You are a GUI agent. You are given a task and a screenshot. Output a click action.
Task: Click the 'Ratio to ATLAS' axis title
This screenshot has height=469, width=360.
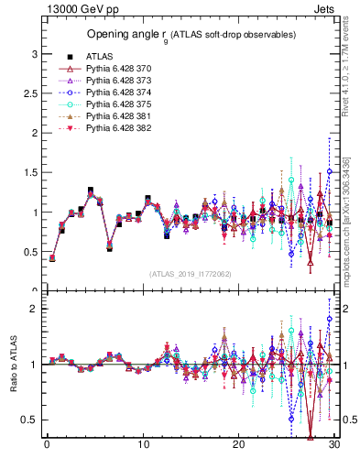pos(14,365)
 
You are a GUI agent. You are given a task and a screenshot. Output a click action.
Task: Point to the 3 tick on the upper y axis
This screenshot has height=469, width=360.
pos(34,54)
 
